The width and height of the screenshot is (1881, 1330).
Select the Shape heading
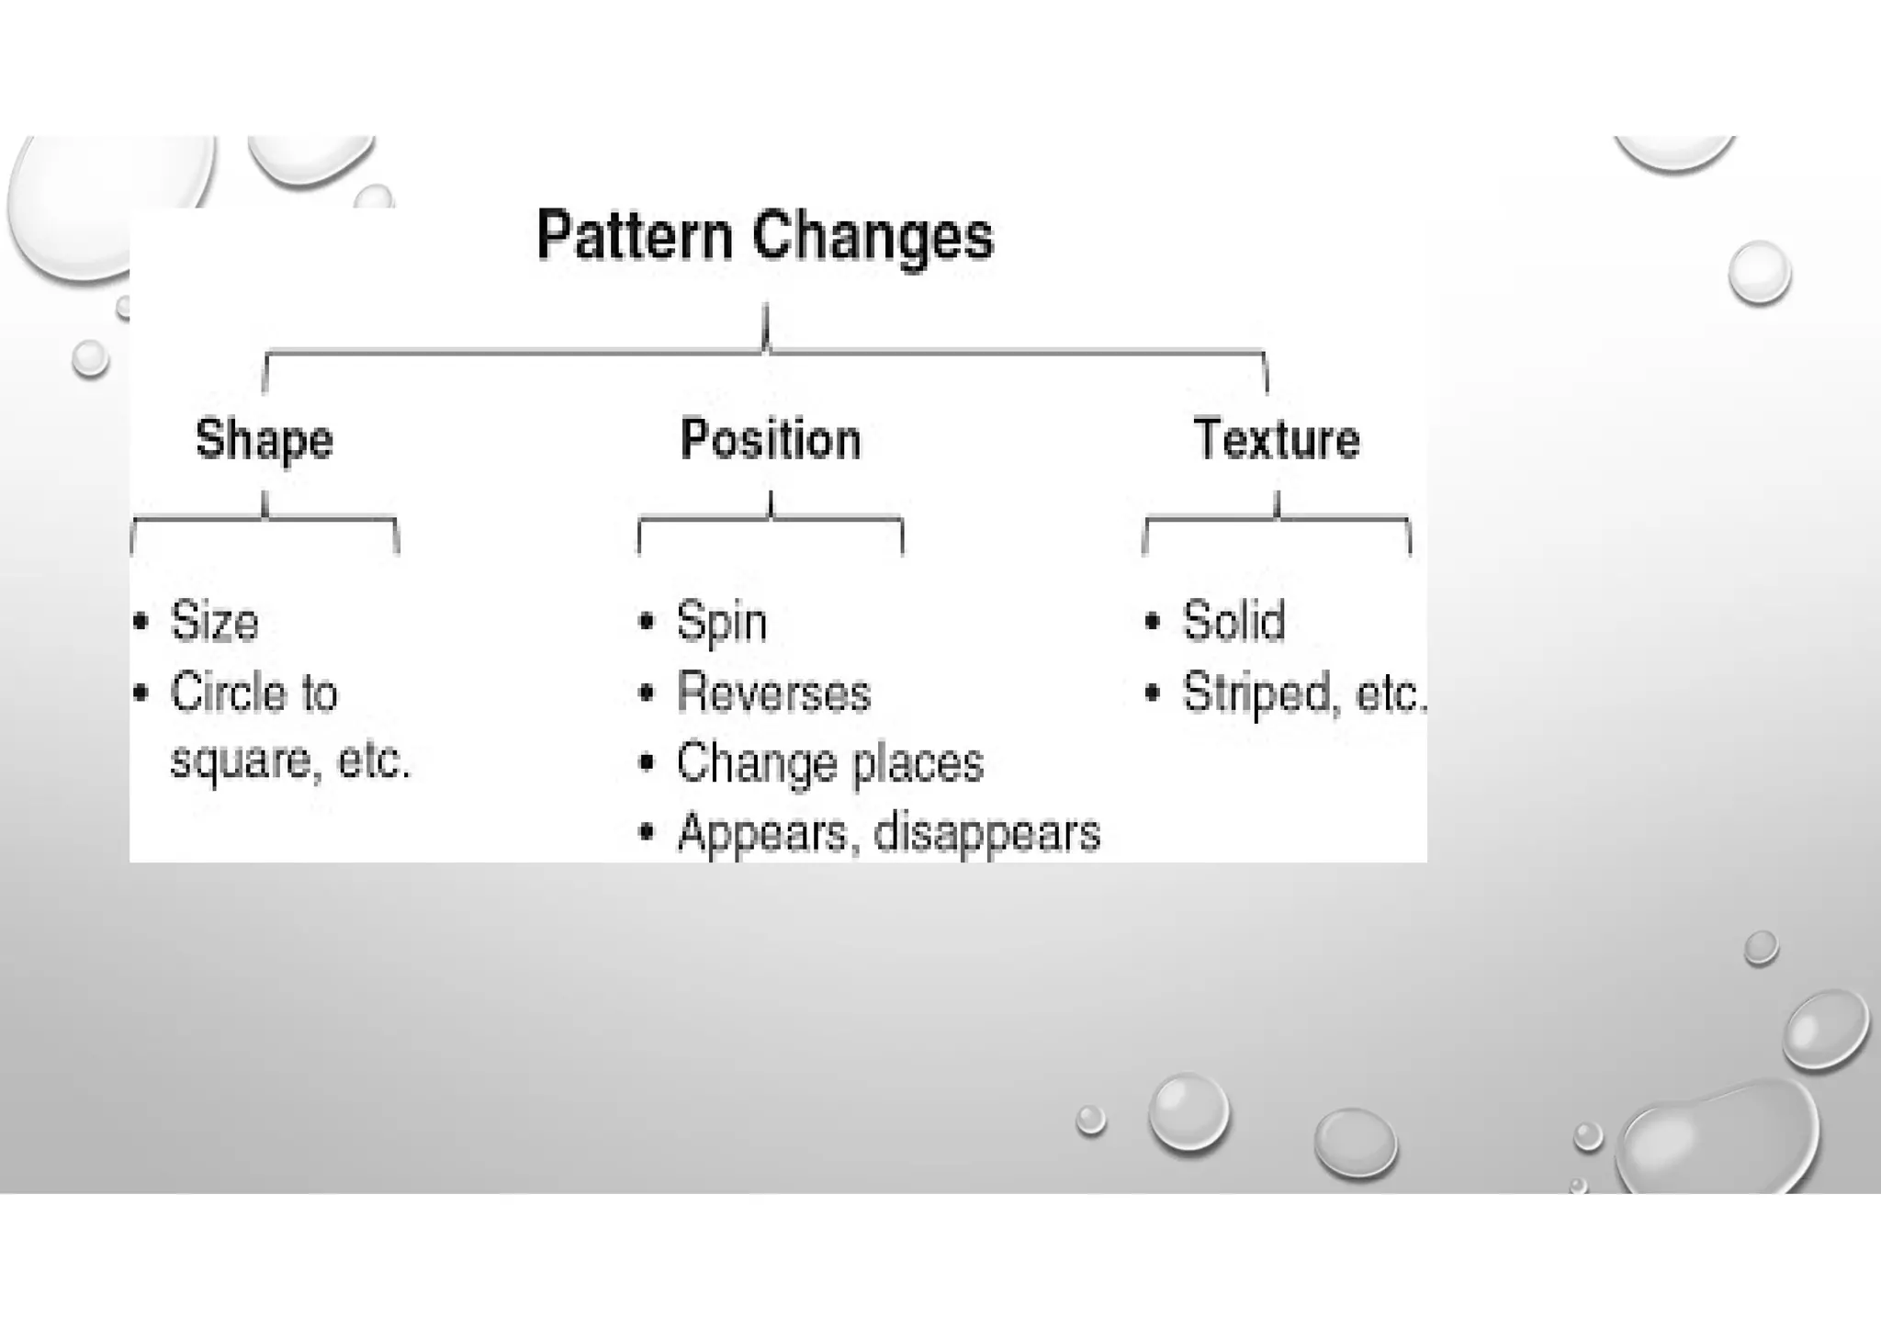pyautogui.click(x=265, y=439)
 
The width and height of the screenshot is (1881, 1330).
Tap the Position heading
pyautogui.click(x=771, y=439)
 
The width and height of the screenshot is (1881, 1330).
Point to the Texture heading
pyautogui.click(x=1277, y=438)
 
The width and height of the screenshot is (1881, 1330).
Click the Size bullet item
pyautogui.click(x=214, y=621)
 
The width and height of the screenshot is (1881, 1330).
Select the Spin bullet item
pyautogui.click(x=722, y=622)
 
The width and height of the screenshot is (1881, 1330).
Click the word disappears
pyautogui.click(x=986, y=833)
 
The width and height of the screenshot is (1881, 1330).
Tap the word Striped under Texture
pyautogui.click(x=1256, y=693)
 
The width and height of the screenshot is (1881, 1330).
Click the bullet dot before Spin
pyautogui.click(x=647, y=622)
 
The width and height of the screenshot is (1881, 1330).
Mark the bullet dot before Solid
pyautogui.click(x=1153, y=621)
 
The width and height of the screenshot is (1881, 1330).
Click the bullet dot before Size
pyautogui.click(x=141, y=622)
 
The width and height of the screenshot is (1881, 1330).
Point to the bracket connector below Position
pyautogui.click(x=771, y=520)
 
